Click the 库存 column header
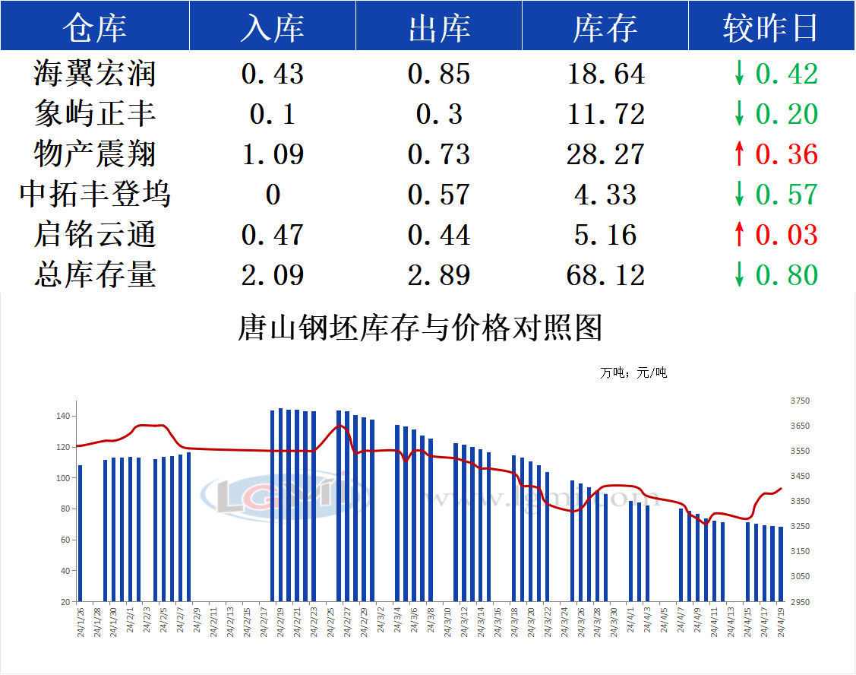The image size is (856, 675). coord(605,27)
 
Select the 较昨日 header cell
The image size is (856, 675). coord(770,27)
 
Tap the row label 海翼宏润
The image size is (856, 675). coord(95,74)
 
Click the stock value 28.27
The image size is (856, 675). coord(605,154)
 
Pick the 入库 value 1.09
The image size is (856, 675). coord(273,154)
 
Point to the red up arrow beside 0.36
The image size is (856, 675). coord(739,154)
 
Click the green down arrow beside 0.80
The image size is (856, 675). coord(739,274)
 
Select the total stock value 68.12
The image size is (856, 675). coord(605,274)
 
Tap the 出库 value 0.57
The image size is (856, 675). coord(439,195)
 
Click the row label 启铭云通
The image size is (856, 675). coord(95,234)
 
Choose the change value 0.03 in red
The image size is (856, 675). coord(786,234)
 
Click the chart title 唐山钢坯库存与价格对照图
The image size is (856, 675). coord(421,328)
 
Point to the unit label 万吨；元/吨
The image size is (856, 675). coord(633,373)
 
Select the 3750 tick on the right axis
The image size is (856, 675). coord(801,401)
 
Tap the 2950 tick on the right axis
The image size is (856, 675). coord(801,601)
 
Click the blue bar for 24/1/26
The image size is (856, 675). coord(81,533)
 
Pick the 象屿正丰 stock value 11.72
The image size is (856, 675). coord(605,114)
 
